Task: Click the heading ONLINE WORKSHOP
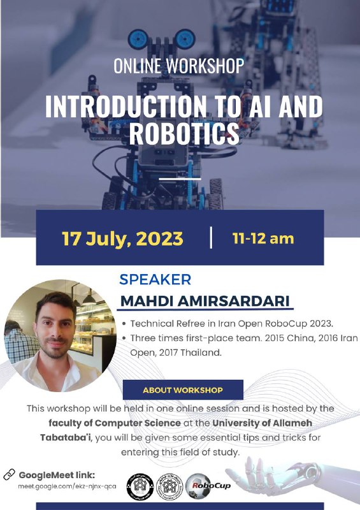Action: [x=179, y=66]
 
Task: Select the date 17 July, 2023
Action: [x=122, y=238]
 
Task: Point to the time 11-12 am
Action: [x=263, y=238]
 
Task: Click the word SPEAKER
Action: [x=155, y=279]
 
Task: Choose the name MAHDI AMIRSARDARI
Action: [x=205, y=301]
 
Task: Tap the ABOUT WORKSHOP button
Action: [x=183, y=390]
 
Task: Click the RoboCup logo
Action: [x=208, y=486]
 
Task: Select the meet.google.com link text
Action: [x=67, y=486]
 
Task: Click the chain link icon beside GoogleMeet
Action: [x=9, y=474]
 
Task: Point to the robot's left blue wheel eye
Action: [x=138, y=39]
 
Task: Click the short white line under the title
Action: [x=180, y=179]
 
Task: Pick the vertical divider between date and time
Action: [x=212, y=238]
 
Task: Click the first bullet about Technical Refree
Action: [x=232, y=324]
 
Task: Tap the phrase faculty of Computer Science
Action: [x=115, y=423]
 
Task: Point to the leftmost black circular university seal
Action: [x=140, y=487]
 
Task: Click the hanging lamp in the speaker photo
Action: [x=89, y=297]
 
